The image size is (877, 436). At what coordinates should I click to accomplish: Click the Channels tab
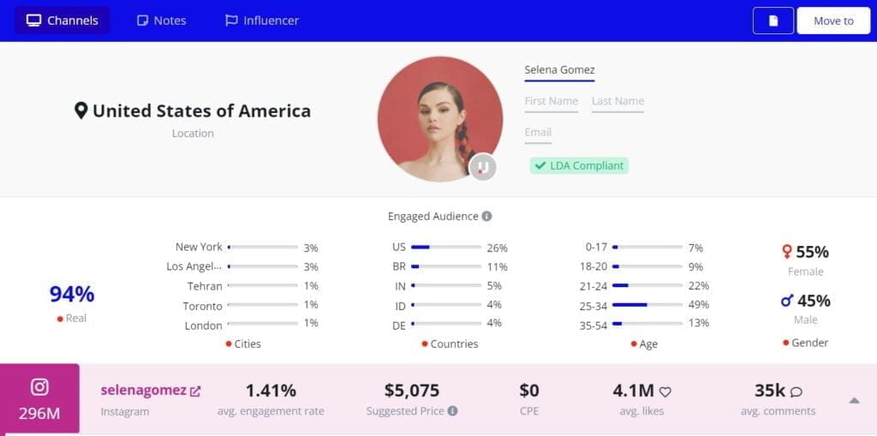(62, 21)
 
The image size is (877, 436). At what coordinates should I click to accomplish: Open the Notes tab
(161, 21)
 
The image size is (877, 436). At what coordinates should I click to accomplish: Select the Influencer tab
(261, 21)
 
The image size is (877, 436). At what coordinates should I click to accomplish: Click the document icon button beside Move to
(773, 21)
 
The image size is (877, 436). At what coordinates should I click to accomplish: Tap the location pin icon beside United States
(81, 110)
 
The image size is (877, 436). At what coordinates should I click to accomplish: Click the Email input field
(538, 133)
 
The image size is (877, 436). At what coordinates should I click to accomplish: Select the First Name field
(551, 101)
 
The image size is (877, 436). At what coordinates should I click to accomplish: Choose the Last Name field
(617, 101)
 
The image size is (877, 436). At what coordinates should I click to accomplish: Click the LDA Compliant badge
(579, 165)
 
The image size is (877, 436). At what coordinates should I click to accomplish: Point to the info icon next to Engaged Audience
(486, 217)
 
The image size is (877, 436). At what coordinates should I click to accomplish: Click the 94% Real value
(72, 294)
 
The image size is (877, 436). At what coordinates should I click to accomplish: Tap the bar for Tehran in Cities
(263, 285)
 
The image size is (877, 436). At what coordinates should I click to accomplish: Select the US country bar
(445, 247)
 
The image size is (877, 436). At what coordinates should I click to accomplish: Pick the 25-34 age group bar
(647, 304)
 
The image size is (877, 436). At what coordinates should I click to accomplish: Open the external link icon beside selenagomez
(195, 391)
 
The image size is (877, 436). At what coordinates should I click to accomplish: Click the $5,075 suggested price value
(412, 391)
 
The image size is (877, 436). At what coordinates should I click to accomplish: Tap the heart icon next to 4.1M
(665, 392)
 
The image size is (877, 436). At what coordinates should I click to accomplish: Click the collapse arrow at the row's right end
(854, 400)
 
